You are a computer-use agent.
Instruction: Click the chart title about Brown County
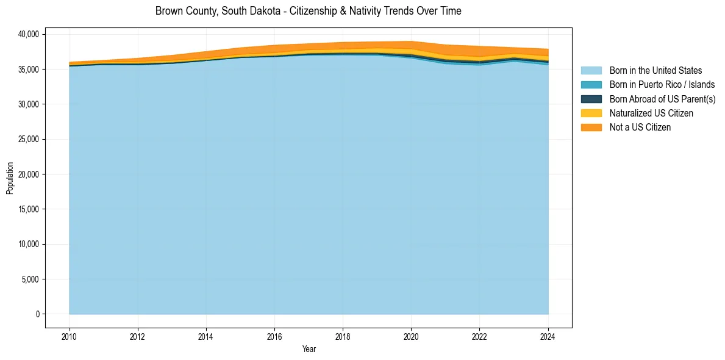(x=308, y=11)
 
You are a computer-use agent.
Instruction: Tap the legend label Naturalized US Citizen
(x=651, y=113)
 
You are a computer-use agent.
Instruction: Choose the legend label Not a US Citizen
(x=640, y=128)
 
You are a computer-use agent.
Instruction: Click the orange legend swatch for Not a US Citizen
(x=591, y=128)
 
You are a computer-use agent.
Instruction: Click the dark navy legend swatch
(x=591, y=99)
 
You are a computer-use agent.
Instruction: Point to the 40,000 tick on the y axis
(x=29, y=35)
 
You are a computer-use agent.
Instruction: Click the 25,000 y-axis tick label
(x=29, y=140)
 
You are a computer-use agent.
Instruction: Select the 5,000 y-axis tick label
(x=30, y=279)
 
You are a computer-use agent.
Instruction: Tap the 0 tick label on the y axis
(x=37, y=314)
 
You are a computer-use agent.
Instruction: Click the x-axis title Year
(x=309, y=349)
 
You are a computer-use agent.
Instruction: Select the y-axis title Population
(x=10, y=178)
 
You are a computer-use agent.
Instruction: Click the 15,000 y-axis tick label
(x=29, y=209)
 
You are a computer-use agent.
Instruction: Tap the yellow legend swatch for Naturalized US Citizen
(x=591, y=113)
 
